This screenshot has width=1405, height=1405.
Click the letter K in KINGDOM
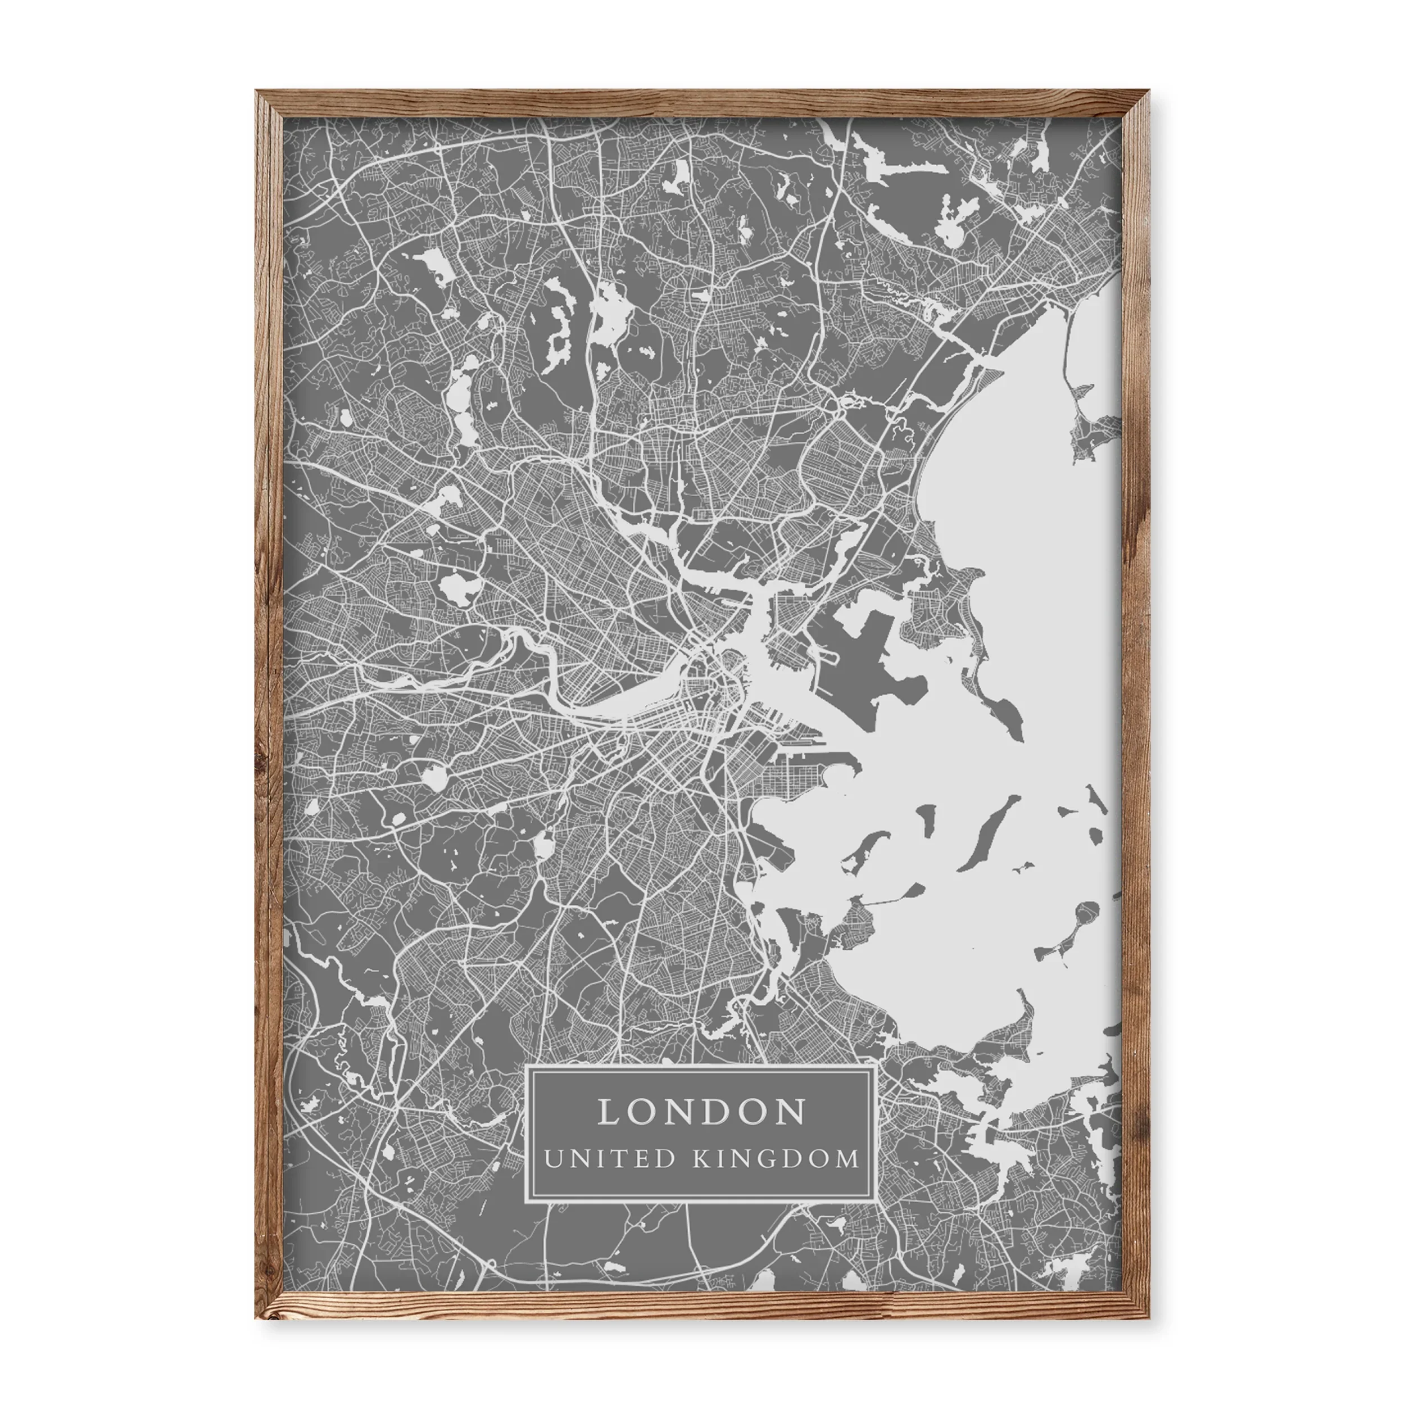pos(700,1158)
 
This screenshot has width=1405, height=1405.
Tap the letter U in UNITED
pos(554,1158)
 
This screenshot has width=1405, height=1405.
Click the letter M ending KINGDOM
pos(847,1158)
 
